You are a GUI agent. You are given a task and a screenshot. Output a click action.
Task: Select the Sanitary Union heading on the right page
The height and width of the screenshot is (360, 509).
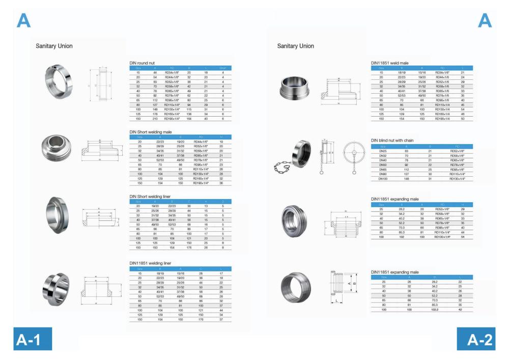point(295,46)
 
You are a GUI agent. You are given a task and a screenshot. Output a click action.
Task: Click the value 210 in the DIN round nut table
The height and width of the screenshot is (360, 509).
point(154,119)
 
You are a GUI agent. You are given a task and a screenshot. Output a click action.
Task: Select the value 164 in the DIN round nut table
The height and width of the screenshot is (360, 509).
point(189,119)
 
